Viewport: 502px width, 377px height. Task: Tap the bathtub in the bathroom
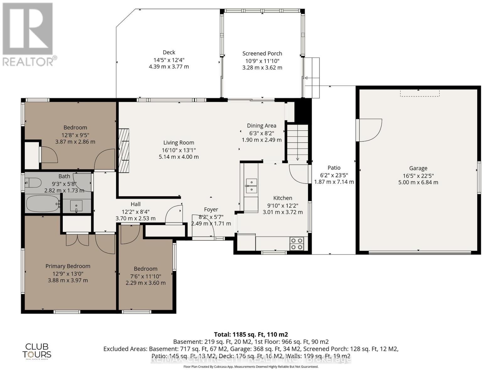(42, 204)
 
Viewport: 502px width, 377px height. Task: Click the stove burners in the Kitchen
(297, 244)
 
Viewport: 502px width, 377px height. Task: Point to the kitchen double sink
(251, 186)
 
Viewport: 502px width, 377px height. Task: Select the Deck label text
(169, 52)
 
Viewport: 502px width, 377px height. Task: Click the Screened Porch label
(262, 53)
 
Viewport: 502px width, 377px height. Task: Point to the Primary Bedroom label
(68, 266)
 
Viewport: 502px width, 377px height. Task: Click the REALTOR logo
(28, 35)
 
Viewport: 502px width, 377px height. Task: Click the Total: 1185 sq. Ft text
(251, 334)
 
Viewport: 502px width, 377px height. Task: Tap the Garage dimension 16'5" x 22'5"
(418, 176)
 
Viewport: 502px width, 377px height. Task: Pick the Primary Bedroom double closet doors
(77, 240)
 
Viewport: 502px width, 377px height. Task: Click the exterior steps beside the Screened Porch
(312, 78)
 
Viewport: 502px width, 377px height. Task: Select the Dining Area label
(261, 126)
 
